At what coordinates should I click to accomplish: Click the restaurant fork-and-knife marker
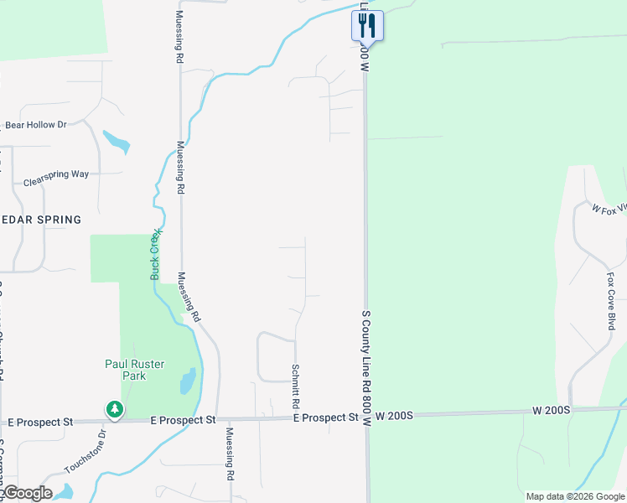coord(367,24)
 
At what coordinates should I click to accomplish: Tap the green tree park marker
coord(114,409)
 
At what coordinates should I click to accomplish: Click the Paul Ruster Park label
coord(134,370)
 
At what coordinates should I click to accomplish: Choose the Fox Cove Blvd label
coord(611,301)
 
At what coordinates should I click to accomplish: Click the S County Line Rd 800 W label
coord(365,369)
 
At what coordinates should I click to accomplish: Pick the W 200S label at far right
coord(551,411)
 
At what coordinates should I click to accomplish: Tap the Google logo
coord(27,493)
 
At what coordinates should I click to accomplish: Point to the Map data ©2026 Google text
coord(574,496)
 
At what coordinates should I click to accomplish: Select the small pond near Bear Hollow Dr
coord(117,142)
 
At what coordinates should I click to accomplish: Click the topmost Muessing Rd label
coord(179,39)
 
